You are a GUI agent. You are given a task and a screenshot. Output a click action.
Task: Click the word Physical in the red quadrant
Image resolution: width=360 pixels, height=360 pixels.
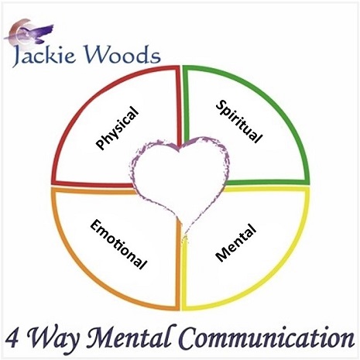point(117,128)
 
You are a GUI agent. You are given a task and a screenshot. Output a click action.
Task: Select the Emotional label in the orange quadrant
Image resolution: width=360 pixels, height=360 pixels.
point(118,245)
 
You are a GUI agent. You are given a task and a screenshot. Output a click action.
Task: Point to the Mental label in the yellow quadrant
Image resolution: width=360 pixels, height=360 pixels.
point(236,242)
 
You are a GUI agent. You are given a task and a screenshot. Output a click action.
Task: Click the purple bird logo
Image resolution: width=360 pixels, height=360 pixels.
point(29,32)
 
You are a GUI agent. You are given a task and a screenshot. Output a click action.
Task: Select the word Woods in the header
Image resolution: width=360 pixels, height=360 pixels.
point(123,54)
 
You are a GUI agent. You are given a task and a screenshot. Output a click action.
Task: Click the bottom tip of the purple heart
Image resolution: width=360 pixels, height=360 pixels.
point(184,236)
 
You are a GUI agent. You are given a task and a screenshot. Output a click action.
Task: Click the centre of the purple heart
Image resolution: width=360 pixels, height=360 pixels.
point(180,180)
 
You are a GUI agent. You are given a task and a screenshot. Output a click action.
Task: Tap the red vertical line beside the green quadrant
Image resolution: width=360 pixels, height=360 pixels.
point(178,106)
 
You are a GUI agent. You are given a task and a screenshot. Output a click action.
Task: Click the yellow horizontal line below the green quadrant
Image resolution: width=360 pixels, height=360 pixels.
point(266,190)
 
